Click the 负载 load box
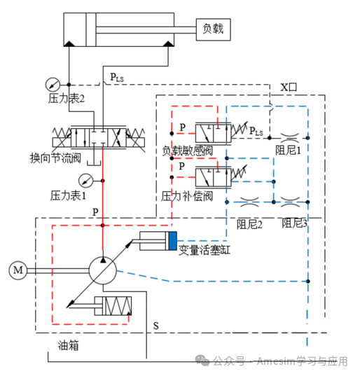pos(213,29)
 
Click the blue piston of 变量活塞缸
pos(172,242)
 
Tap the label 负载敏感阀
pos(187,151)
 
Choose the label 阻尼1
pos(288,149)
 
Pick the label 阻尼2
pos(249,224)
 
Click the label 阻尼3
pos(295,224)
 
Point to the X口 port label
pos(289,88)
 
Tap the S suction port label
pos(155,326)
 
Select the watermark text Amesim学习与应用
pos(302,361)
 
